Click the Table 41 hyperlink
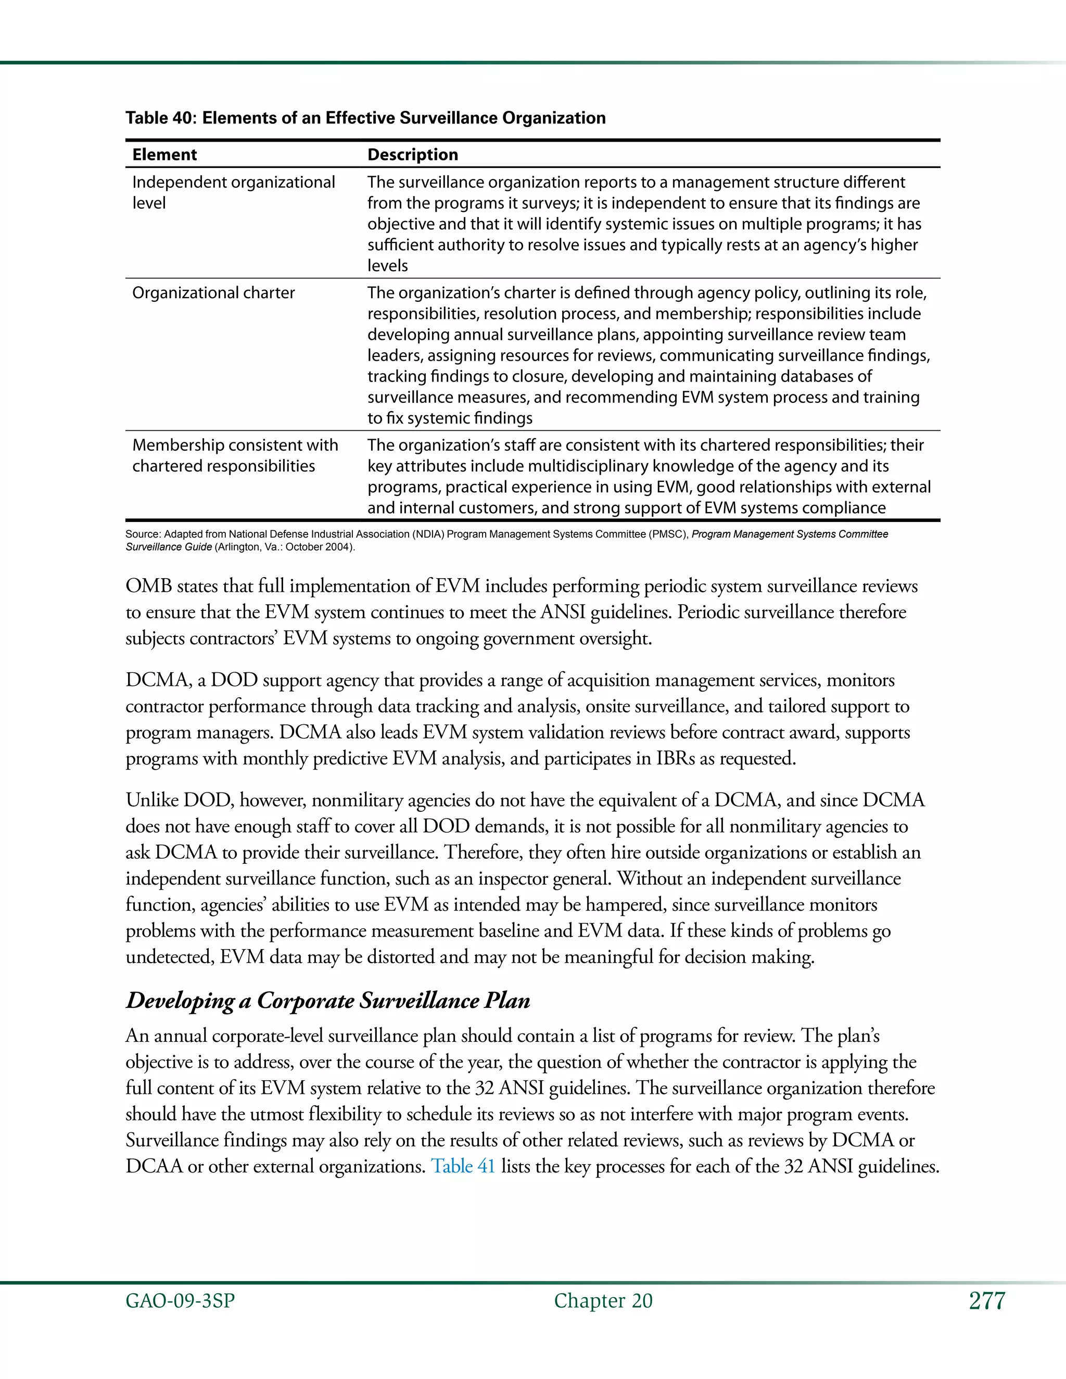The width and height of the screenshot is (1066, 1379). coord(463,1166)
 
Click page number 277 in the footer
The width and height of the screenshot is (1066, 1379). coord(986,1301)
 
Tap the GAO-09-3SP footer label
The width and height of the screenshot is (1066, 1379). coord(180,1301)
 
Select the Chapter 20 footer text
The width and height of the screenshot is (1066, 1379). coord(603,1301)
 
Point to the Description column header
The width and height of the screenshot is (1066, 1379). coord(412,155)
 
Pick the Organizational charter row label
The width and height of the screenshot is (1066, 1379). coord(213,293)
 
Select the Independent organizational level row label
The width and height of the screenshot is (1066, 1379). coord(233,192)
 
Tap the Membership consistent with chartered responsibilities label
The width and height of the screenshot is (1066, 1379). coord(234,455)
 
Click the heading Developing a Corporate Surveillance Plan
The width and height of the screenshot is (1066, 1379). coord(328,1001)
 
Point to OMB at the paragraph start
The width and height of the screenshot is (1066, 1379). coord(148,586)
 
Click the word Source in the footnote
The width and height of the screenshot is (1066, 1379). coord(143,534)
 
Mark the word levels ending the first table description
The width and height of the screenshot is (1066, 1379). coord(387,266)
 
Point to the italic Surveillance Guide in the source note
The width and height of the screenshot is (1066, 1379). coord(169,547)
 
